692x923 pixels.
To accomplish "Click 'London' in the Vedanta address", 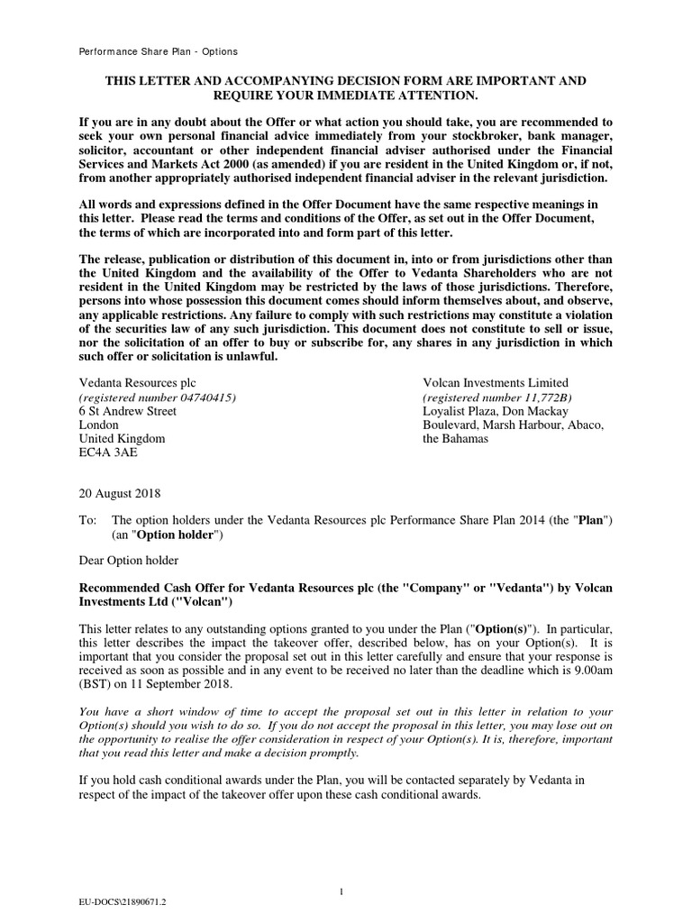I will tap(99, 425).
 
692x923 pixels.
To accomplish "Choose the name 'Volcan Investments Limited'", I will tap(496, 383).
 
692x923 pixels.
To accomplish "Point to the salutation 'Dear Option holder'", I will tap(130, 561).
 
